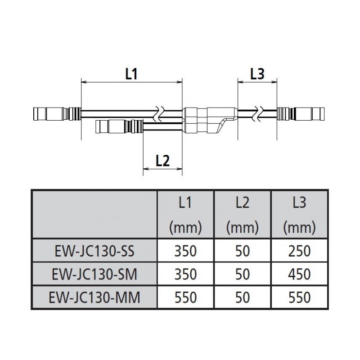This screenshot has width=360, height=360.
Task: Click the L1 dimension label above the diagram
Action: coord(131,74)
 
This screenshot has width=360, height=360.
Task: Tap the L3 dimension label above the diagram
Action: coord(256,74)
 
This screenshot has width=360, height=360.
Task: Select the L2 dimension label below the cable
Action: coord(162,160)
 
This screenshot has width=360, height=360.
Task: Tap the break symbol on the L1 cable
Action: coord(159,114)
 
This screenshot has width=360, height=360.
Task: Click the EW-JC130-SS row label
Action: coord(94,251)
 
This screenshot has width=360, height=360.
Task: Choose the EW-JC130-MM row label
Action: coord(94,297)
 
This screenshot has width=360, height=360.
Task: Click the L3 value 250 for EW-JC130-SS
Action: coord(299,251)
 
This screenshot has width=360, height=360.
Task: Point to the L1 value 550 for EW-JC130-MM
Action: coord(185,297)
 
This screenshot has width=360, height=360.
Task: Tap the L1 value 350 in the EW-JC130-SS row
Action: coord(185,251)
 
